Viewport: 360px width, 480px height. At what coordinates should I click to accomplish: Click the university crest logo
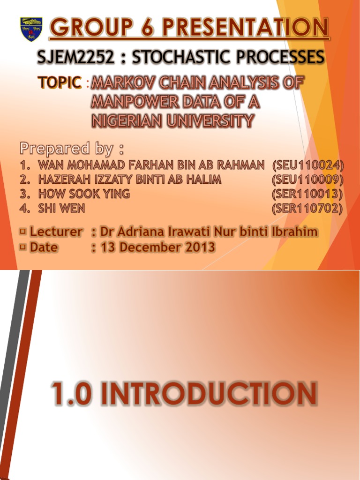tap(31, 29)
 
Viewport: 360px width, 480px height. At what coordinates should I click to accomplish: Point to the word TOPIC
tap(59, 83)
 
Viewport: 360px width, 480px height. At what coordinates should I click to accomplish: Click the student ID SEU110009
tap(307, 180)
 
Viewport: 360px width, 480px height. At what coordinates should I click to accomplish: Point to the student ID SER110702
tap(307, 209)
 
